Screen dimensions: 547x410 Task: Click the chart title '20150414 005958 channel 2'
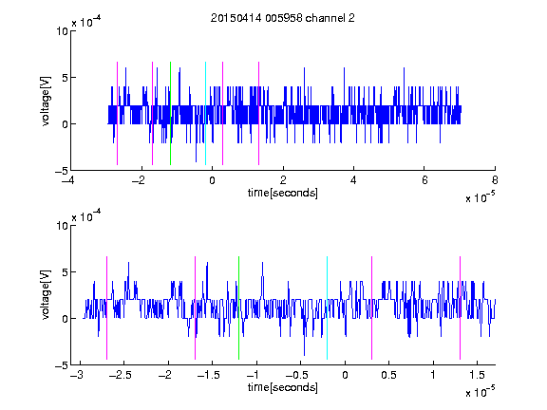[283, 18]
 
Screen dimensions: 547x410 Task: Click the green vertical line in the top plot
[170, 113]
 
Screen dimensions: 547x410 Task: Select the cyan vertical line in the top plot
[205, 113]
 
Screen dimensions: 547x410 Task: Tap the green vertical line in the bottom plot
[238, 307]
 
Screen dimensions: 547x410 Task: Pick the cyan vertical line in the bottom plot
[327, 307]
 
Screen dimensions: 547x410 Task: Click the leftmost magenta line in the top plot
[117, 113]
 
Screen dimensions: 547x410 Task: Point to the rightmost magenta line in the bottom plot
[460, 307]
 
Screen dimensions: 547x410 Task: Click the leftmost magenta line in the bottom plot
[106, 307]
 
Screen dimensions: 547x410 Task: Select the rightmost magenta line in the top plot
[258, 113]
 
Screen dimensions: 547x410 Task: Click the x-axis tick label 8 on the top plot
[495, 180]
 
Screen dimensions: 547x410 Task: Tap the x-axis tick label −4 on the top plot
[68, 180]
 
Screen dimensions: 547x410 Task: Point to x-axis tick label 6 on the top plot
[424, 180]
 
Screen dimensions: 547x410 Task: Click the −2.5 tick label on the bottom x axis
[120, 375]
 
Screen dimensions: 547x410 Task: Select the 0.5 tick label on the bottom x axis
[388, 375]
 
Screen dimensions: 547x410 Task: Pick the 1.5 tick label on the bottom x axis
[477, 375]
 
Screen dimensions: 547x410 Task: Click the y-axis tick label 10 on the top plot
[62, 31]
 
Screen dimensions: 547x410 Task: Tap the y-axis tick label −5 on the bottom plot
[62, 365]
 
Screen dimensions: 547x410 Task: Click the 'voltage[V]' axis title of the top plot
[46, 102]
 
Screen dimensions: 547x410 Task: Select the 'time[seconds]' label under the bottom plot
[283, 387]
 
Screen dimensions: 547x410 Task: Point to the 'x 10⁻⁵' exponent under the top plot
[480, 197]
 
